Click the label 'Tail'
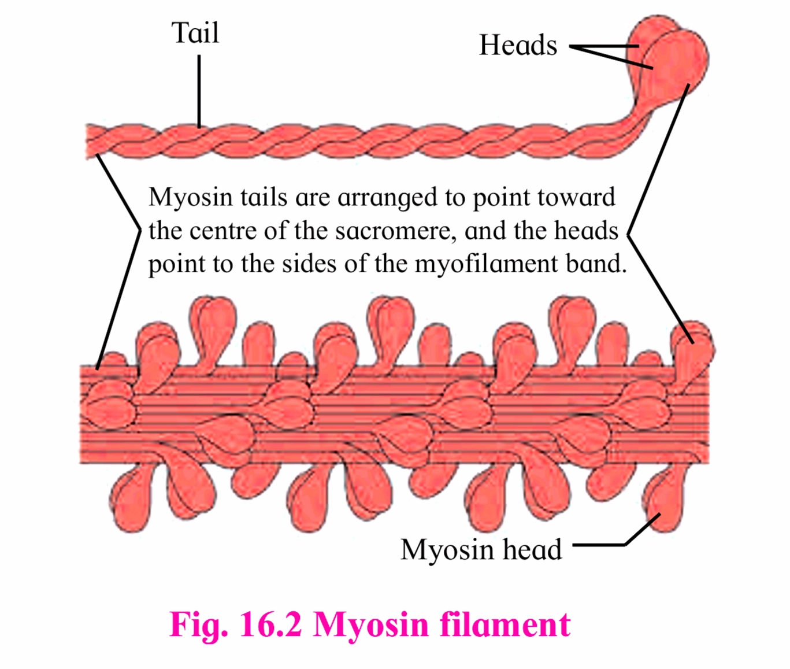(195, 33)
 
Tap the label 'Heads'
(518, 46)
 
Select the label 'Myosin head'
(481, 549)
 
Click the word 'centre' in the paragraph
(222, 231)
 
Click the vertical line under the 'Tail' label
(199, 90)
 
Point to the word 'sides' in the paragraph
(309, 264)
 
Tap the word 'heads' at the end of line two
(586, 231)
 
